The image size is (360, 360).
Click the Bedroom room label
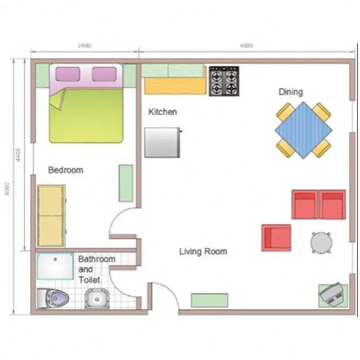pos(66,170)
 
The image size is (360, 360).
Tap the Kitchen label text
pos(162,112)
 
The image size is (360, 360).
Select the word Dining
pos(290,92)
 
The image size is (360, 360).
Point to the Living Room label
pos(203,251)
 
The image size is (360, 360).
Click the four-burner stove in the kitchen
pos(224,81)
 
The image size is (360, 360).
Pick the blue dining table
pos(304,130)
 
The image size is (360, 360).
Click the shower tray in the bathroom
pos(54,266)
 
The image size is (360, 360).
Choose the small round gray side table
pos(321,243)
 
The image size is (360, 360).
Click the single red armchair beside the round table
pos(276,238)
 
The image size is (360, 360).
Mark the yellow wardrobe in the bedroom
pos(51,215)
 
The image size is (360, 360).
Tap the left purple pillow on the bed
pos(67,74)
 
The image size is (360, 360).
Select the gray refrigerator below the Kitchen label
pos(162,142)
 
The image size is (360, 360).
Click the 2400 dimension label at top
pos(84,45)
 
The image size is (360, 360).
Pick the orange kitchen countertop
pos(175,85)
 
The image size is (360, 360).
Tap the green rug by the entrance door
pos(209,300)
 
